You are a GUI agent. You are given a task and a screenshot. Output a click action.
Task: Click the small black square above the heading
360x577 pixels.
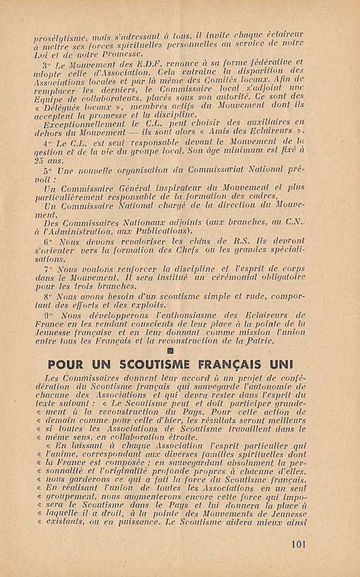pos(171,350)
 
